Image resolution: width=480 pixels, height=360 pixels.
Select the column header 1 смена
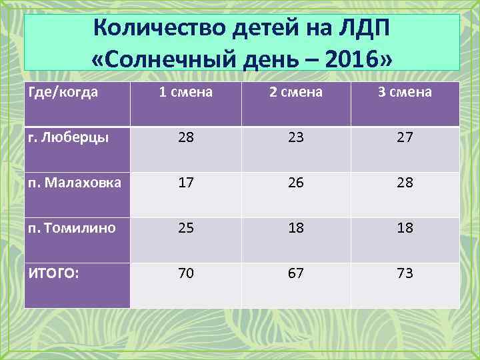[186, 92]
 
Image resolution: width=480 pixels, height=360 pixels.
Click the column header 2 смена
[295, 92]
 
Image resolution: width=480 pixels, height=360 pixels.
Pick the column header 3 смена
[405, 92]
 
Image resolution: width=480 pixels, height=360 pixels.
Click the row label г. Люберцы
[67, 137]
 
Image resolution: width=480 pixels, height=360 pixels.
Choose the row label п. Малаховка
[73, 181]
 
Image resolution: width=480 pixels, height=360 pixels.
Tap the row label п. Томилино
[71, 227]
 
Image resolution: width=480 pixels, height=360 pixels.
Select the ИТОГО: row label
[53, 272]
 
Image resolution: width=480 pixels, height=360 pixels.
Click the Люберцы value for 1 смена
[186, 137]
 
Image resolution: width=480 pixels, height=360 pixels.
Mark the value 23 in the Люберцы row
[295, 137]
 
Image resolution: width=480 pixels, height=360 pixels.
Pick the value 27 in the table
[405, 137]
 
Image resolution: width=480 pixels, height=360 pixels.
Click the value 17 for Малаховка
[186, 182]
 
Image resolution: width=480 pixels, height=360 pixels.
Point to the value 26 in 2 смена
[295, 182]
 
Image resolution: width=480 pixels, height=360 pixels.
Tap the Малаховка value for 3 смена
[405, 182]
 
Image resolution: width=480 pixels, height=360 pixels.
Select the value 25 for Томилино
[186, 228]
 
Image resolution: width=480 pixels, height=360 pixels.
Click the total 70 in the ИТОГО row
[186, 273]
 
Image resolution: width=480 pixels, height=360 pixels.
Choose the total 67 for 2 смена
[295, 273]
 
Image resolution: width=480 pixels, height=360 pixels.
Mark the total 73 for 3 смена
[405, 273]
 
